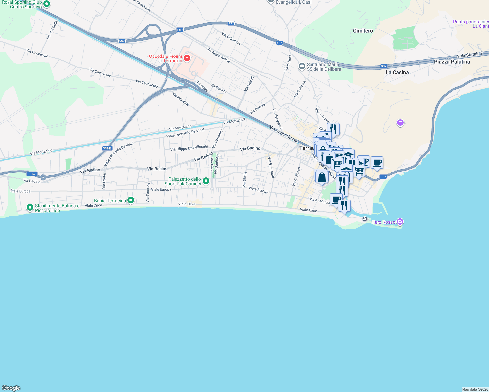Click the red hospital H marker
tap(187, 58)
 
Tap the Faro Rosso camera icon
tap(400, 222)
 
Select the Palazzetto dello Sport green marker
tap(206, 181)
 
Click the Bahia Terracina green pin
tap(131, 200)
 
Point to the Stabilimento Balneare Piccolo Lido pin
tap(30, 208)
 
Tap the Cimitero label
tap(363, 31)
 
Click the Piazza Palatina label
tap(452, 62)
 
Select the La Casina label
tap(397, 72)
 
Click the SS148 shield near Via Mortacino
tap(107, 148)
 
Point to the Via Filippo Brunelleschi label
tap(189, 148)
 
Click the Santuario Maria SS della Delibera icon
tap(302, 66)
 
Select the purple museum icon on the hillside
tap(400, 123)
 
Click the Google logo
tap(11, 388)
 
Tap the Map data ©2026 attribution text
tap(475, 389)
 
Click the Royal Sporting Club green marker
tap(47, 4)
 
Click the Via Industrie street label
tap(180, 99)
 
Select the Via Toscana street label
tap(148, 192)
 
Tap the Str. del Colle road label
tap(52, 30)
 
